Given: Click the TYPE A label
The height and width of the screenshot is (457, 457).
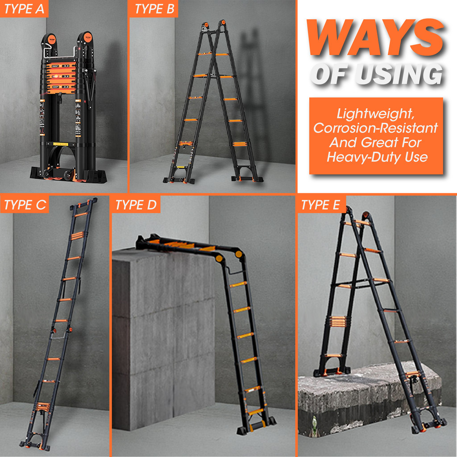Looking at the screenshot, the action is pyautogui.click(x=24, y=9).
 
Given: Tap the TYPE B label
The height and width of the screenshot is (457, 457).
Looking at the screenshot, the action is pyautogui.click(x=154, y=9).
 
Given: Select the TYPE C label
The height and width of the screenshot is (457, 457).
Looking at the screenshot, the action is pyautogui.click(x=25, y=204).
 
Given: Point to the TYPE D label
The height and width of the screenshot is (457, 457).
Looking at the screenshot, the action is pyautogui.click(x=136, y=204).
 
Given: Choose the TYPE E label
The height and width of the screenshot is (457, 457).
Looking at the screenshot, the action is pyautogui.click(x=320, y=204).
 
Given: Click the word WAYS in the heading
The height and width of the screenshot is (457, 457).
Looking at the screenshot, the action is pyautogui.click(x=375, y=37).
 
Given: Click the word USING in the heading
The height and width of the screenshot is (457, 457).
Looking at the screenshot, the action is pyautogui.click(x=400, y=74).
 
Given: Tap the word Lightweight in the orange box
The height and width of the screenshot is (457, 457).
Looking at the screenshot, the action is pyautogui.click(x=375, y=114).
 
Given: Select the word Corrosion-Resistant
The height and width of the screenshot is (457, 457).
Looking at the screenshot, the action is pyautogui.click(x=375, y=128).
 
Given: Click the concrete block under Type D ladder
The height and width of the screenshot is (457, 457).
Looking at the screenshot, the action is pyautogui.click(x=163, y=338).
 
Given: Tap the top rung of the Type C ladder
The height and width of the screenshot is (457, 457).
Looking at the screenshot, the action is pyautogui.click(x=81, y=215).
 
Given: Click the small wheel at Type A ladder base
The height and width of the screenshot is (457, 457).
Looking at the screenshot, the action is pyautogui.click(x=69, y=175).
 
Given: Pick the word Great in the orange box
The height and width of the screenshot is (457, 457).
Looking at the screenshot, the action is pyautogui.click(x=378, y=142).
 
